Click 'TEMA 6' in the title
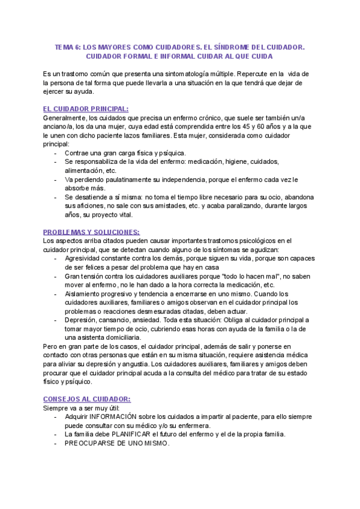(x=65, y=46)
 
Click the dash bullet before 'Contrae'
(x=55, y=153)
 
